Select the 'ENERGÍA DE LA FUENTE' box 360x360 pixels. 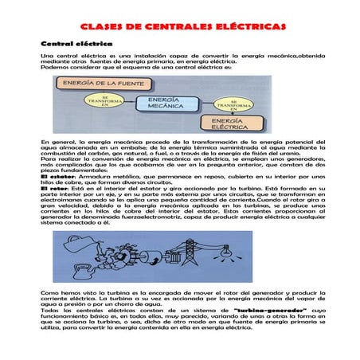point(100,82)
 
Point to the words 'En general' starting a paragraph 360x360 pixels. point(55,141)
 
